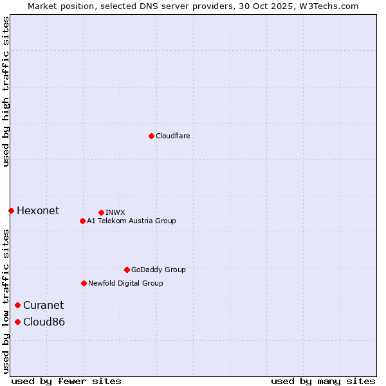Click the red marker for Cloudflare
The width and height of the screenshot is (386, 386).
151,136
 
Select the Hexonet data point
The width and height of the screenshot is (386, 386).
11,210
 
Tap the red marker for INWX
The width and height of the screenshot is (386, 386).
101,212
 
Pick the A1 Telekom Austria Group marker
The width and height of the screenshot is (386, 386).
82,221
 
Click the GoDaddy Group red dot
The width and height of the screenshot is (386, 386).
127,270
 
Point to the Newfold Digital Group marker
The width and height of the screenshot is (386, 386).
84,283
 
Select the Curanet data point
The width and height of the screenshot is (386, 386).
17,305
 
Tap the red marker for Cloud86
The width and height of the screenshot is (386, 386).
17,322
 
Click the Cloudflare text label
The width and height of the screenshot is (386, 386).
172,136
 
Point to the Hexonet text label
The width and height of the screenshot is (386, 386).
38,210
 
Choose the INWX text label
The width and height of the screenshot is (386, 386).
115,212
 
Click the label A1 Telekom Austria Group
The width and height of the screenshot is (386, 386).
131,221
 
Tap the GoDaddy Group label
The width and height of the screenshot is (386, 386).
158,270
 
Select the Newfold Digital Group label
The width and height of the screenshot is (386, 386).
125,283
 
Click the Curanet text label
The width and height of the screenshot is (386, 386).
44,305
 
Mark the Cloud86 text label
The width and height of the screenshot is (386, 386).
44,322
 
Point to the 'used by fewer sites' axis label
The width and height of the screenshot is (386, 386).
66,381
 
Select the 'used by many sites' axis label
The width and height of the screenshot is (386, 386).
323,381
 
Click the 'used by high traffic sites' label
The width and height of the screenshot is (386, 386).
6,92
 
